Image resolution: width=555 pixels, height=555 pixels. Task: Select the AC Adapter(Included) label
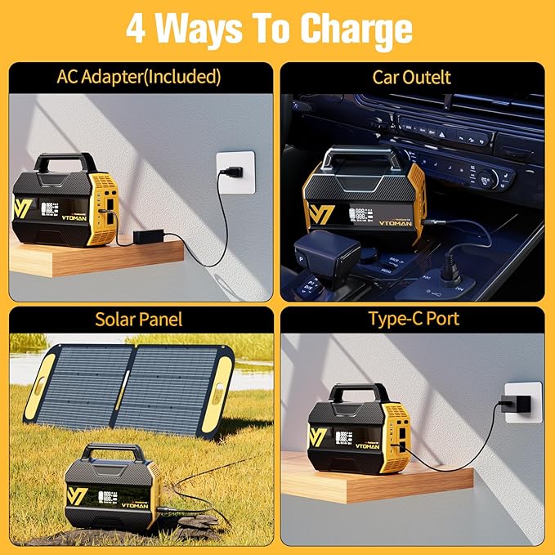pyautogui.click(x=139, y=78)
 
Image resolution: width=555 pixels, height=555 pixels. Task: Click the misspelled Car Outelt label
pyautogui.click(x=412, y=78)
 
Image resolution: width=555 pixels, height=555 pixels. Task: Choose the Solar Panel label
pyautogui.click(x=139, y=319)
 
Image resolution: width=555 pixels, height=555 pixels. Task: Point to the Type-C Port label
pyautogui.click(x=412, y=319)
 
